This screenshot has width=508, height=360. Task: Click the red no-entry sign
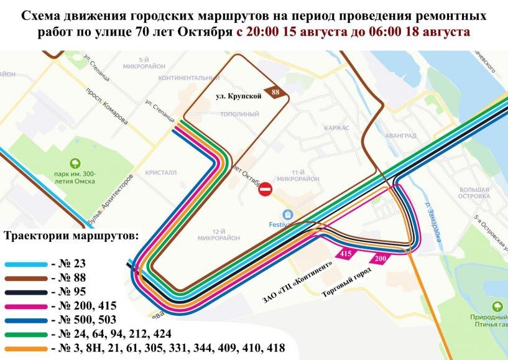[x=266, y=188]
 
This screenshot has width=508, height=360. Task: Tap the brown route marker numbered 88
[x=274, y=92]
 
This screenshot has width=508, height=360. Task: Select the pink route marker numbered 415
[x=345, y=254]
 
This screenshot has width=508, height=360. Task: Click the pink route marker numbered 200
[x=381, y=258]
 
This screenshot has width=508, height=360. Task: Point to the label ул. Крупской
[x=238, y=96]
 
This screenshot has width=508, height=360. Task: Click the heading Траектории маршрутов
[x=73, y=236]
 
